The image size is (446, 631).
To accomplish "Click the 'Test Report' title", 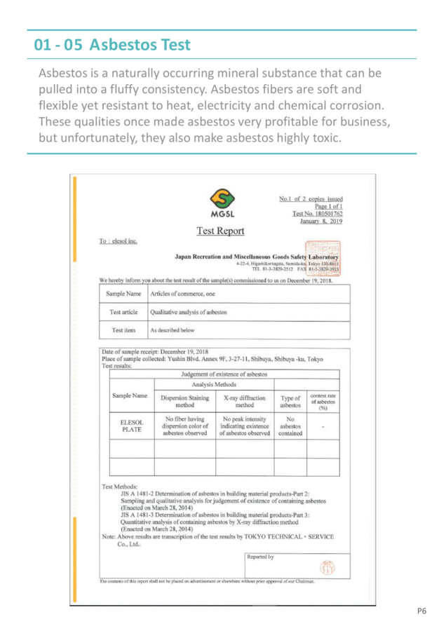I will pos(222,231).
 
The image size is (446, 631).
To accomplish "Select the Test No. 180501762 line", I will pos(318,214).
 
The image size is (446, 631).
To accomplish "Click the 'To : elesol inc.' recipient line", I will pos(117,243).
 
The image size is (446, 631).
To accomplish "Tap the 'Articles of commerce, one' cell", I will pos(182,294).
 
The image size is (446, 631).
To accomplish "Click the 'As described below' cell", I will pos(173,330).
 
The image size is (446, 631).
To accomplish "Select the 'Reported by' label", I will pos(260,557).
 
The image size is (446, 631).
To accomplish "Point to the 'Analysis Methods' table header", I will pos(213,384).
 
